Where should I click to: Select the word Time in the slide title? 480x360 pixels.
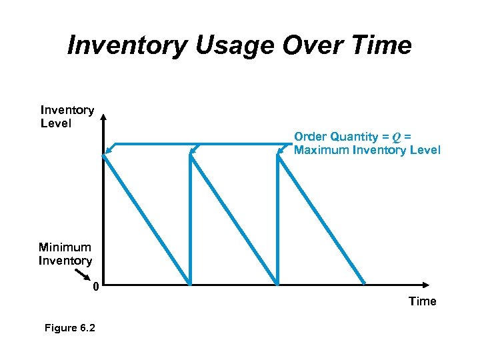(383, 45)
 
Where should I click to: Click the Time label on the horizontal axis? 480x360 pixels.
(422, 301)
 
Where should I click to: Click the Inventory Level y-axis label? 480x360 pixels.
(67, 117)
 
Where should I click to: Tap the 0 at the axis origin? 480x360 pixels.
(96, 287)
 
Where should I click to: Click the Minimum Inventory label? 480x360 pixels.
(65, 254)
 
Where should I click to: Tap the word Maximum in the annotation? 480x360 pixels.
(322, 150)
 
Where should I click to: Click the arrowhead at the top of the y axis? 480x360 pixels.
(103, 119)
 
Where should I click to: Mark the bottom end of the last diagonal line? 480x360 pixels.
(365, 283)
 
